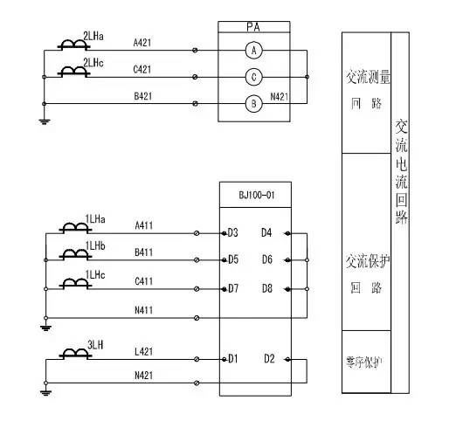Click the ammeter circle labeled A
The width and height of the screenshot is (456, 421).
[253, 52]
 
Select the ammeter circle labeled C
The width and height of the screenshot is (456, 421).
[253, 78]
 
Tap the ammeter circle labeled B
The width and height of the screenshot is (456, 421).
[253, 105]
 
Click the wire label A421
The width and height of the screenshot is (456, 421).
[144, 42]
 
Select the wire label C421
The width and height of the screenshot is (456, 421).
[144, 69]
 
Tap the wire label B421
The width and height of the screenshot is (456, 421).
[144, 95]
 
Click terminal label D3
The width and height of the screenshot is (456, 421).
[232, 232]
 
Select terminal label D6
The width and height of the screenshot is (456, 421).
[266, 260]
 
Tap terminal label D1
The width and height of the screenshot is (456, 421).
[232, 358]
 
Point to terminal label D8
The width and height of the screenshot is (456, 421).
[266, 288]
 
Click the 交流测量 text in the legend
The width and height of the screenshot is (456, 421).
[367, 78]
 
